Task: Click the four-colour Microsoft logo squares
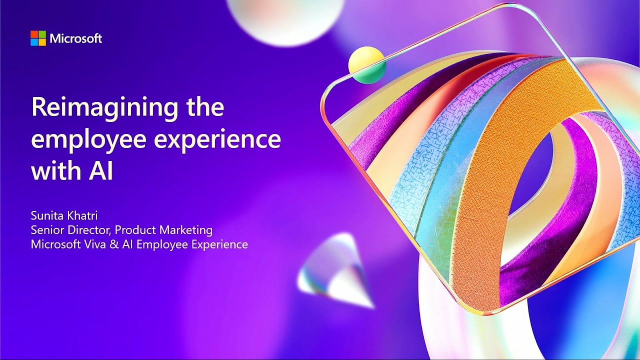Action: pos(38,38)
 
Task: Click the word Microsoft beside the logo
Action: pos(76,38)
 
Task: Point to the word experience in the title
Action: pos(217,140)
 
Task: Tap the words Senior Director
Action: pos(71,230)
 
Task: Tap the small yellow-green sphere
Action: pos(366,65)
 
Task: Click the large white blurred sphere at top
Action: pos(285,20)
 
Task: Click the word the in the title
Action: pos(205,108)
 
